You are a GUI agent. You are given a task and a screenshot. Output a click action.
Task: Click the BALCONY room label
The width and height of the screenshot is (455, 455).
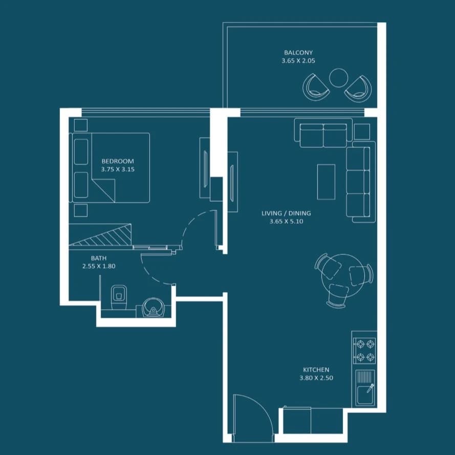point(298,53)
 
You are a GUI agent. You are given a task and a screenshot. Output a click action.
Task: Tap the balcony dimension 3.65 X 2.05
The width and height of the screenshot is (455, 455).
point(298,60)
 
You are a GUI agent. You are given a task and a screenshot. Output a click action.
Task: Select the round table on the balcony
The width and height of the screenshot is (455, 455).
point(338,77)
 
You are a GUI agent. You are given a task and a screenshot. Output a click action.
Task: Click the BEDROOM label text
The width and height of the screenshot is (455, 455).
point(118,161)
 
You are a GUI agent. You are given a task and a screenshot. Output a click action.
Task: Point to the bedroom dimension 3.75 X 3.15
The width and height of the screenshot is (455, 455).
point(118,169)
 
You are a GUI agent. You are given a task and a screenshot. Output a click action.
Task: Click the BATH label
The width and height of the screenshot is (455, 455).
point(99,258)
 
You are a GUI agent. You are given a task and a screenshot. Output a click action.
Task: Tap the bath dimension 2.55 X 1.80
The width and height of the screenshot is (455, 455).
point(99,266)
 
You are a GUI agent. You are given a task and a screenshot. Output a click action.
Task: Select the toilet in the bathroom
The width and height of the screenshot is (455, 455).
point(119,297)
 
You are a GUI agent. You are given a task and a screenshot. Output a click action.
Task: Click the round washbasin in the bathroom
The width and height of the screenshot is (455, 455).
point(153,308)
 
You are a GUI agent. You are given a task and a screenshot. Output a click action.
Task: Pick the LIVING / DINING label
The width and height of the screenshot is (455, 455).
point(286,213)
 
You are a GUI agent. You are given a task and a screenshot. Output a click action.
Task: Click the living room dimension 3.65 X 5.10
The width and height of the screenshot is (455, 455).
point(286,222)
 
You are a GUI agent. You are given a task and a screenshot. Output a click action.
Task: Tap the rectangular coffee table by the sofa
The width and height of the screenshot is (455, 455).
point(326,182)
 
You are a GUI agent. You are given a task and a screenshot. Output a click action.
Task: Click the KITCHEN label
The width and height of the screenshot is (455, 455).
point(316,370)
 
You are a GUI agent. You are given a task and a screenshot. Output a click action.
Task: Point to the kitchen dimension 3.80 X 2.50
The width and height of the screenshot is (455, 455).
point(316,378)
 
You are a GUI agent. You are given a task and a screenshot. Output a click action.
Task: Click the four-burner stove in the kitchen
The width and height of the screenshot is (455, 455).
point(365,351)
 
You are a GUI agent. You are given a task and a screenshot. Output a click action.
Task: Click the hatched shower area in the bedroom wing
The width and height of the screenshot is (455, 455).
point(100,234)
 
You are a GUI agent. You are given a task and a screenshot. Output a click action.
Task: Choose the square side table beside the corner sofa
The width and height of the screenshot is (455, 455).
point(362,132)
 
